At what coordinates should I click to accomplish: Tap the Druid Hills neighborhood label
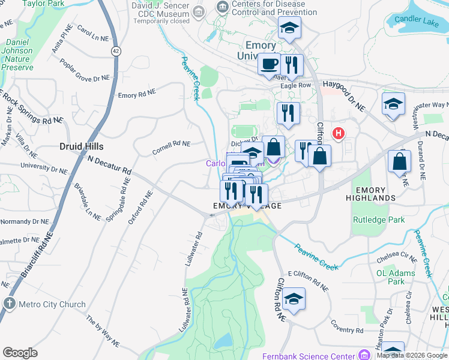click(82, 146)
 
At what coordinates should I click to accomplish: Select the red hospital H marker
click(339, 133)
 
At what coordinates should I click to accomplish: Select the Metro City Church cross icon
click(9, 304)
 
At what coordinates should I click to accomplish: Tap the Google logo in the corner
click(20, 353)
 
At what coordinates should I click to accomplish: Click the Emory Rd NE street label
click(136, 95)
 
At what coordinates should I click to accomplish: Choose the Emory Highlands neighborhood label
click(371, 194)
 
